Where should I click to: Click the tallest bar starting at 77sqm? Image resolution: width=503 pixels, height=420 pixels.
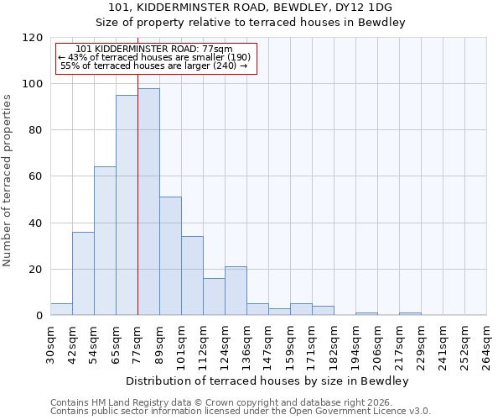click(x=148, y=202)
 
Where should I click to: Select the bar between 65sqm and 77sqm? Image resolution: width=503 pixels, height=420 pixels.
click(x=127, y=205)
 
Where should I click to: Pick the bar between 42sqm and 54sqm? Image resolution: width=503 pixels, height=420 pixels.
click(x=83, y=273)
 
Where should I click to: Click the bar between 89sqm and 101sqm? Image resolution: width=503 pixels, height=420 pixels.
click(x=170, y=256)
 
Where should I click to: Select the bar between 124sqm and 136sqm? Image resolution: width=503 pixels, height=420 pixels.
click(x=236, y=291)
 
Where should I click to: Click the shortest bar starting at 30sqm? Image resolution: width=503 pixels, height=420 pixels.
click(x=61, y=309)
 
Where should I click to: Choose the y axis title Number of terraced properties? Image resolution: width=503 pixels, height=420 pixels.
click(x=8, y=181)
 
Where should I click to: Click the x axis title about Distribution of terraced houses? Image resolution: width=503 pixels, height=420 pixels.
click(x=267, y=381)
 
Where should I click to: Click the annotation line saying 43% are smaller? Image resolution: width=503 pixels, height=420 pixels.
click(x=154, y=57)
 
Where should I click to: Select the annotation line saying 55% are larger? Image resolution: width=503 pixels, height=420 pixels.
click(x=154, y=66)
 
